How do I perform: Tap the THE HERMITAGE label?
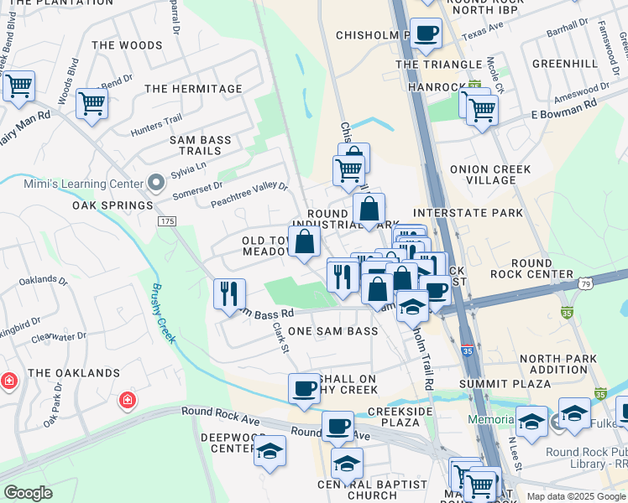pyautogui.click(x=193, y=88)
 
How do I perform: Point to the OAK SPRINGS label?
pyautogui.click(x=112, y=205)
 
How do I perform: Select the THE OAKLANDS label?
pyautogui.click(x=73, y=372)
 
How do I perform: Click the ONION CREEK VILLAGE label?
pyautogui.click(x=490, y=174)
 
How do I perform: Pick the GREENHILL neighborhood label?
pyautogui.click(x=563, y=64)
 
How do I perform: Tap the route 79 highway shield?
pyautogui.click(x=586, y=284)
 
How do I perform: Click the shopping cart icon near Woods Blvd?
pyautogui.click(x=92, y=104)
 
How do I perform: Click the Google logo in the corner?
pyautogui.click(x=28, y=493)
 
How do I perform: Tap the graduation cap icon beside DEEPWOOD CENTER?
pyautogui.click(x=270, y=451)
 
